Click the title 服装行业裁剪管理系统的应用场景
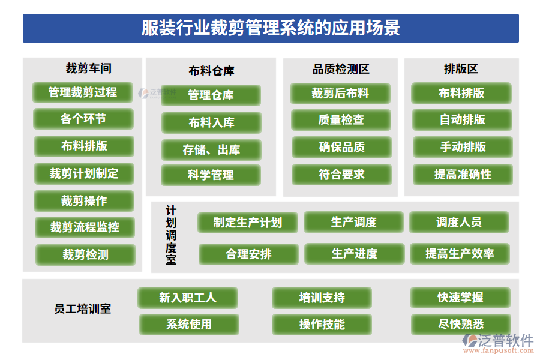click(x=271, y=28)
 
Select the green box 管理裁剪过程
click(x=83, y=92)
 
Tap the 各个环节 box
click(x=83, y=119)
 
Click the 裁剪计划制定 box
click(x=84, y=174)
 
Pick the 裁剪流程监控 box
click(x=85, y=227)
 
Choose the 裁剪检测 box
click(x=85, y=255)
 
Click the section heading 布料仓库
click(x=211, y=71)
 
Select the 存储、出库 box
click(x=211, y=150)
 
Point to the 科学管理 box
click(x=211, y=176)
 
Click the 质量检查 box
click(x=341, y=120)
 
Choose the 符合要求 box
click(x=341, y=175)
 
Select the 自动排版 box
click(x=462, y=120)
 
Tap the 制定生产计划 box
click(x=248, y=223)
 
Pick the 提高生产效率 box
click(x=460, y=253)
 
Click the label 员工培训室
click(x=82, y=310)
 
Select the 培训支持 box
click(x=322, y=298)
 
